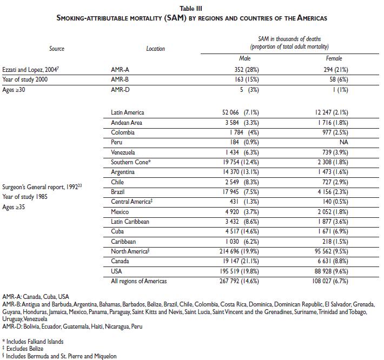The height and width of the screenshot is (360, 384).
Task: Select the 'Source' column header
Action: click(57, 49)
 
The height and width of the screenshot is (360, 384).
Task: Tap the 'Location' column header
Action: click(155, 49)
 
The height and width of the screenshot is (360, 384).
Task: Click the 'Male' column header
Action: click(245, 58)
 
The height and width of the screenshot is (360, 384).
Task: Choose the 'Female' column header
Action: click(334, 58)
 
